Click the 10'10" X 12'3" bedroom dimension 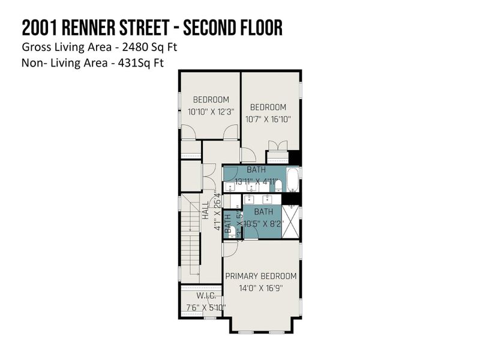[x=211, y=112]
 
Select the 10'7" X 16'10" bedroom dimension [x=268, y=119]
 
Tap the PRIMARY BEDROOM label [x=261, y=276]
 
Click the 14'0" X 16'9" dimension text [x=261, y=288]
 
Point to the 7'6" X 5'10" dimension [x=202, y=308]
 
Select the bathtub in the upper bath [x=292, y=179]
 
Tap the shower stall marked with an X [x=290, y=221]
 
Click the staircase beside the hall [x=190, y=237]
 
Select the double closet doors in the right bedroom [x=277, y=146]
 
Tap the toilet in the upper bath [x=278, y=185]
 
